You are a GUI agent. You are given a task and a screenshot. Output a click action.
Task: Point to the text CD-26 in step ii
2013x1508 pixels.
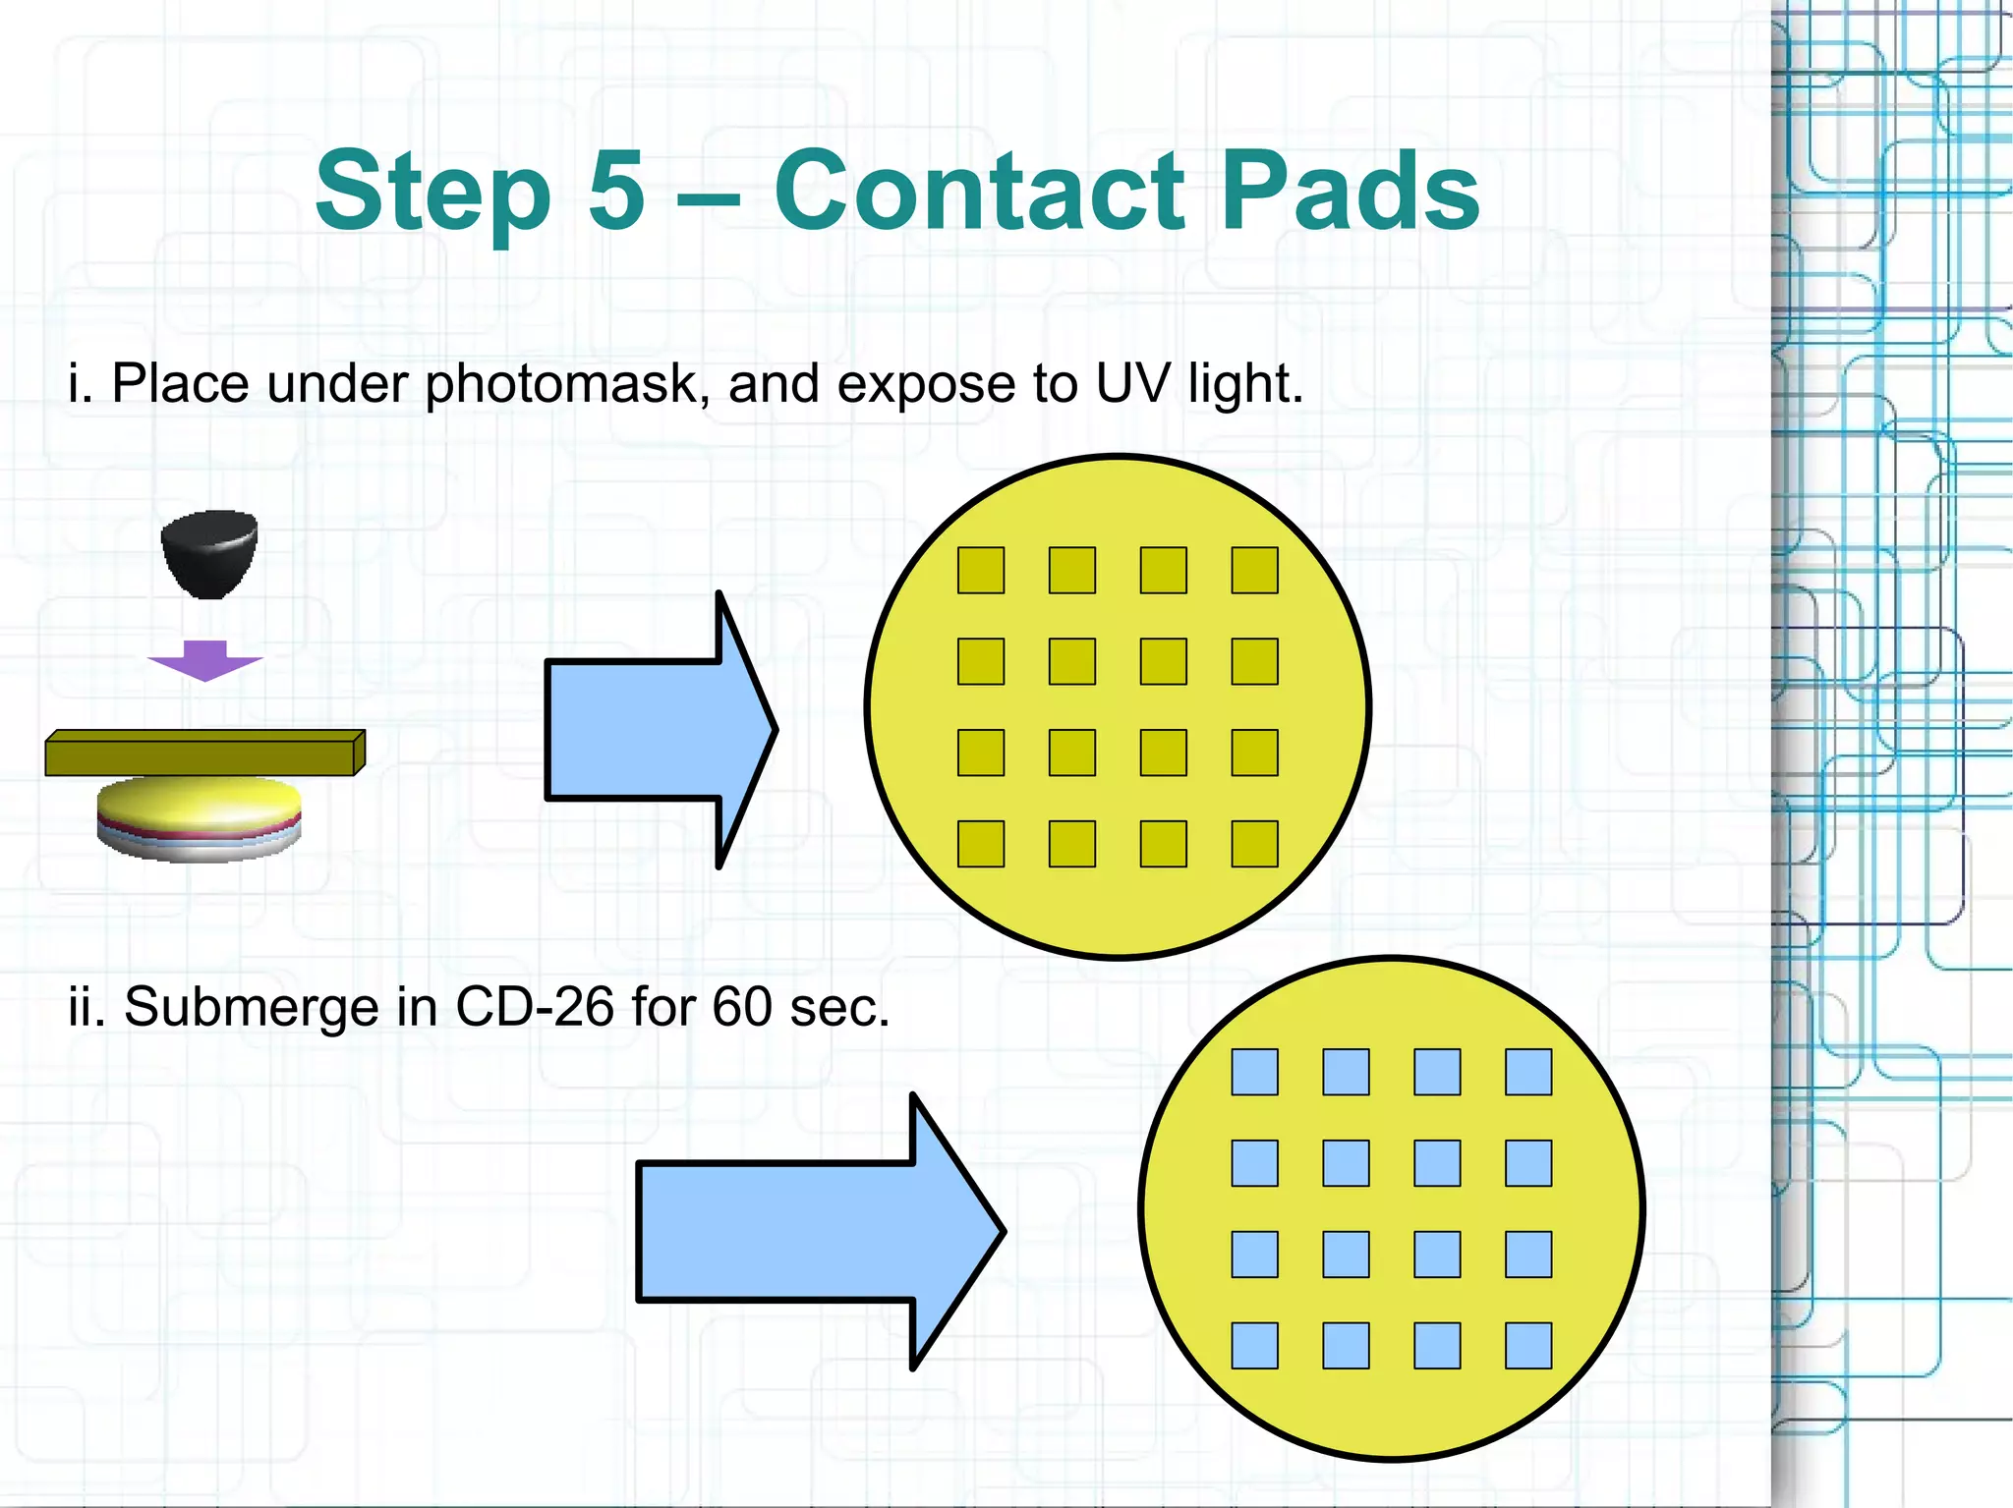[535, 1007]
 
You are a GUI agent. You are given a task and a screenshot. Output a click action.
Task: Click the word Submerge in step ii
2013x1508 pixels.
[251, 1009]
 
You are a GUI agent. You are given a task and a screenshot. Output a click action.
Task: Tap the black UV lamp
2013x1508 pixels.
[209, 552]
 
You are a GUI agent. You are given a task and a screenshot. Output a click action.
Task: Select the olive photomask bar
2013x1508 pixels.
[204, 754]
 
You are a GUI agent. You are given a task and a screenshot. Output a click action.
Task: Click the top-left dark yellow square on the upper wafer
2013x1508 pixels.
[981, 570]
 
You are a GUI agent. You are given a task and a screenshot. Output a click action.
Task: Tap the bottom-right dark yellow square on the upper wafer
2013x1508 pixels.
[1255, 844]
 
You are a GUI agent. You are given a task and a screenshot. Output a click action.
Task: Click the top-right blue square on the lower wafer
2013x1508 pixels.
[1528, 1072]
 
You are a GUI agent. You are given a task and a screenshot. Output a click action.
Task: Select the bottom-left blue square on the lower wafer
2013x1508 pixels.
[1255, 1346]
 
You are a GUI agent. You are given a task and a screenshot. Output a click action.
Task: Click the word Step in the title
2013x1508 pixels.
[432, 193]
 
